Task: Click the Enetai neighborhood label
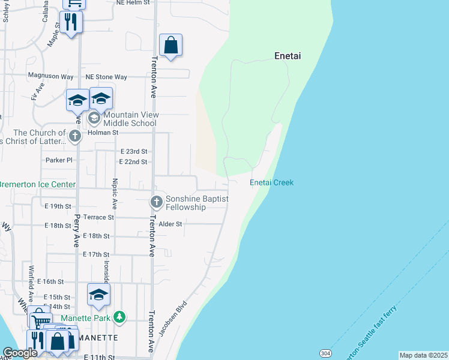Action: pos(287,56)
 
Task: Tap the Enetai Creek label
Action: pos(271,182)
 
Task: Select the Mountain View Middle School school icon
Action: pos(95,118)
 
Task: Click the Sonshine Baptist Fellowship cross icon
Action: pos(156,202)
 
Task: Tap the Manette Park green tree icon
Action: pos(120,316)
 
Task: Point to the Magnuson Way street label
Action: pos(51,77)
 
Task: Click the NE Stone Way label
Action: pos(106,77)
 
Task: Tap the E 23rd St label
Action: pos(133,152)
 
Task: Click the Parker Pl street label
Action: pos(59,160)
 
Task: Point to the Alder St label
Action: pos(170,224)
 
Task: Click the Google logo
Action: pos(20,353)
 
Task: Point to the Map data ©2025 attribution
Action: pos(424,355)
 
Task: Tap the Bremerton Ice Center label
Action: pos(38,185)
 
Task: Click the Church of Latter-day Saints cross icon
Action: pos(74,136)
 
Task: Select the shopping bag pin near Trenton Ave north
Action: pos(171,45)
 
